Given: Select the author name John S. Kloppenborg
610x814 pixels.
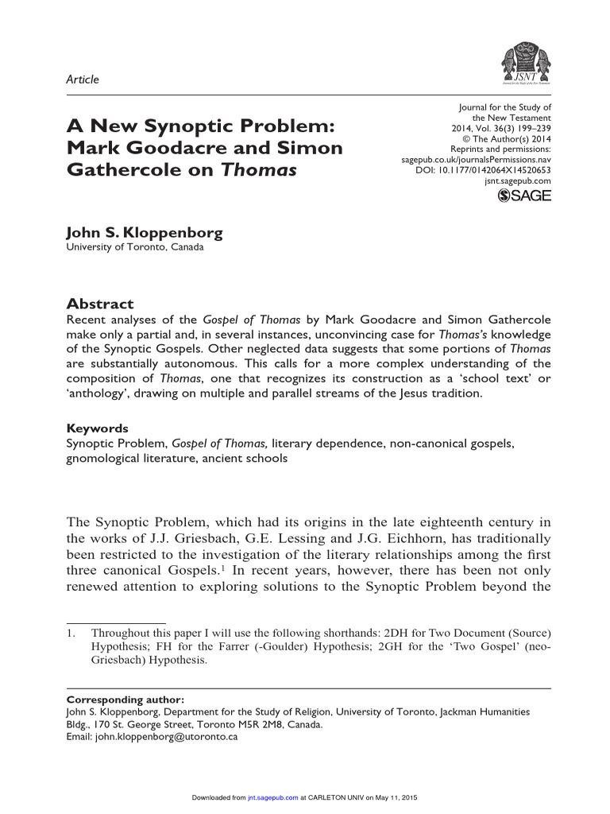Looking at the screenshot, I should click(144, 233).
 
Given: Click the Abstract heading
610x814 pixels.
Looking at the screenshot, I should click(99, 304).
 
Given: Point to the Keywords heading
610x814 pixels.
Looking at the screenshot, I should click(97, 428).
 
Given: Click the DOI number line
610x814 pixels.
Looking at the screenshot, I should click(483, 170).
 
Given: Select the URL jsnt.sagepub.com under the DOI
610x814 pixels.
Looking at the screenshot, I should click(518, 181).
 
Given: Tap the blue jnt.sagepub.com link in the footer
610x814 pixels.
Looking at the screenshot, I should click(272, 797).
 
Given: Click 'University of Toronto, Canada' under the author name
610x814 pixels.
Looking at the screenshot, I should click(134, 247).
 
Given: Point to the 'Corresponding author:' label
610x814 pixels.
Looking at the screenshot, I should click(125, 700).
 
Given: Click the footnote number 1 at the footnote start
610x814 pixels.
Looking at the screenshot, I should click(70, 634).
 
